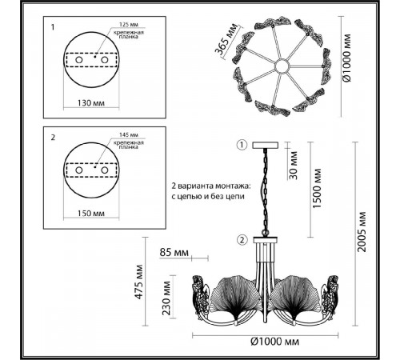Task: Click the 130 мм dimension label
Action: click(91, 103)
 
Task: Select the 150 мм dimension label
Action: click(91, 214)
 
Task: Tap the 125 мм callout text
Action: click(129, 25)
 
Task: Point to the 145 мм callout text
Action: click(129, 135)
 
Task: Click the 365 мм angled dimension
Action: click(226, 39)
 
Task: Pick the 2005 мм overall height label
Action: click(362, 232)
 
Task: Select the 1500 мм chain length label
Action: click(317, 189)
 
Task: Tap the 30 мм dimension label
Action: click(293, 166)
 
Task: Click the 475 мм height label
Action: click(138, 282)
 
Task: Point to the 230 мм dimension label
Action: click(166, 298)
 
